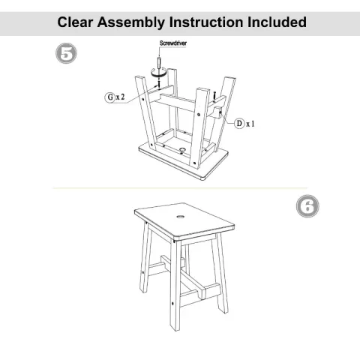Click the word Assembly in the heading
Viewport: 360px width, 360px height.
coord(142,23)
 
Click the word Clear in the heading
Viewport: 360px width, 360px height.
coord(79,23)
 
